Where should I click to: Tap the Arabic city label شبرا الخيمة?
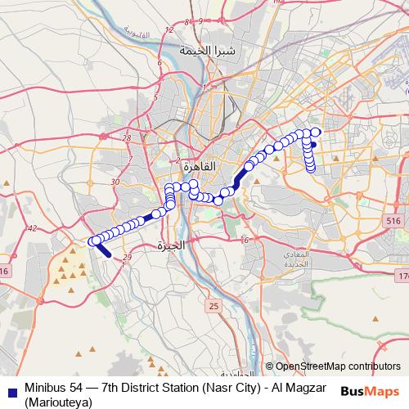point(214,51)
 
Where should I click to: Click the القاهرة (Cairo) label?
point(196,166)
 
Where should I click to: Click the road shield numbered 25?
point(213,305)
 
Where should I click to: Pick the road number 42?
point(33,229)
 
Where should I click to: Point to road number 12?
point(170,30)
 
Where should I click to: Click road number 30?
point(115,182)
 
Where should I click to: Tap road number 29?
point(126,258)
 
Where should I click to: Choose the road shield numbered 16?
point(4,271)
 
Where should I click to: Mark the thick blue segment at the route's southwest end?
point(104,249)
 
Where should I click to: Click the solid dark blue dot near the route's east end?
point(314,145)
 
